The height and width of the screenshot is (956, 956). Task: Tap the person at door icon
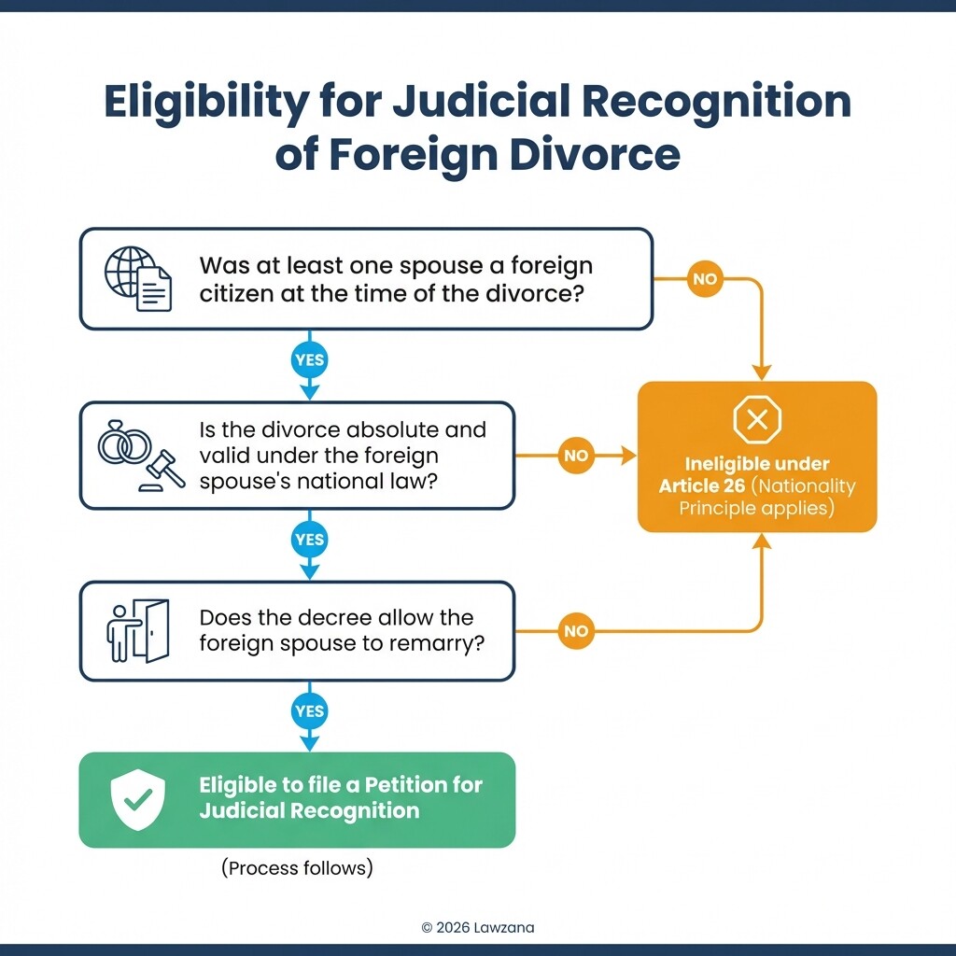pos(137,631)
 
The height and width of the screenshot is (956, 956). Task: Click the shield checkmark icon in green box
pos(138,799)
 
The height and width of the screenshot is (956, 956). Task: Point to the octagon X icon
pos(757,421)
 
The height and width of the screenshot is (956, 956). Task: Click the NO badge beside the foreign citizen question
pos(705,279)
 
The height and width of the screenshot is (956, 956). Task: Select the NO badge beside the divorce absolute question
pos(576,456)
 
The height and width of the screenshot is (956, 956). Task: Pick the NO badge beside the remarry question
pos(576,631)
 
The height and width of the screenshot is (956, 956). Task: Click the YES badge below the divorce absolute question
pos(309,540)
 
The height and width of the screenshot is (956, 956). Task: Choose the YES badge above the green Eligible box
pos(309,711)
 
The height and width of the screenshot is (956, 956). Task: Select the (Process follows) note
pos(297,868)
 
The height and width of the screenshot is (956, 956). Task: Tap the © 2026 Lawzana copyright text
pos(478,927)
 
